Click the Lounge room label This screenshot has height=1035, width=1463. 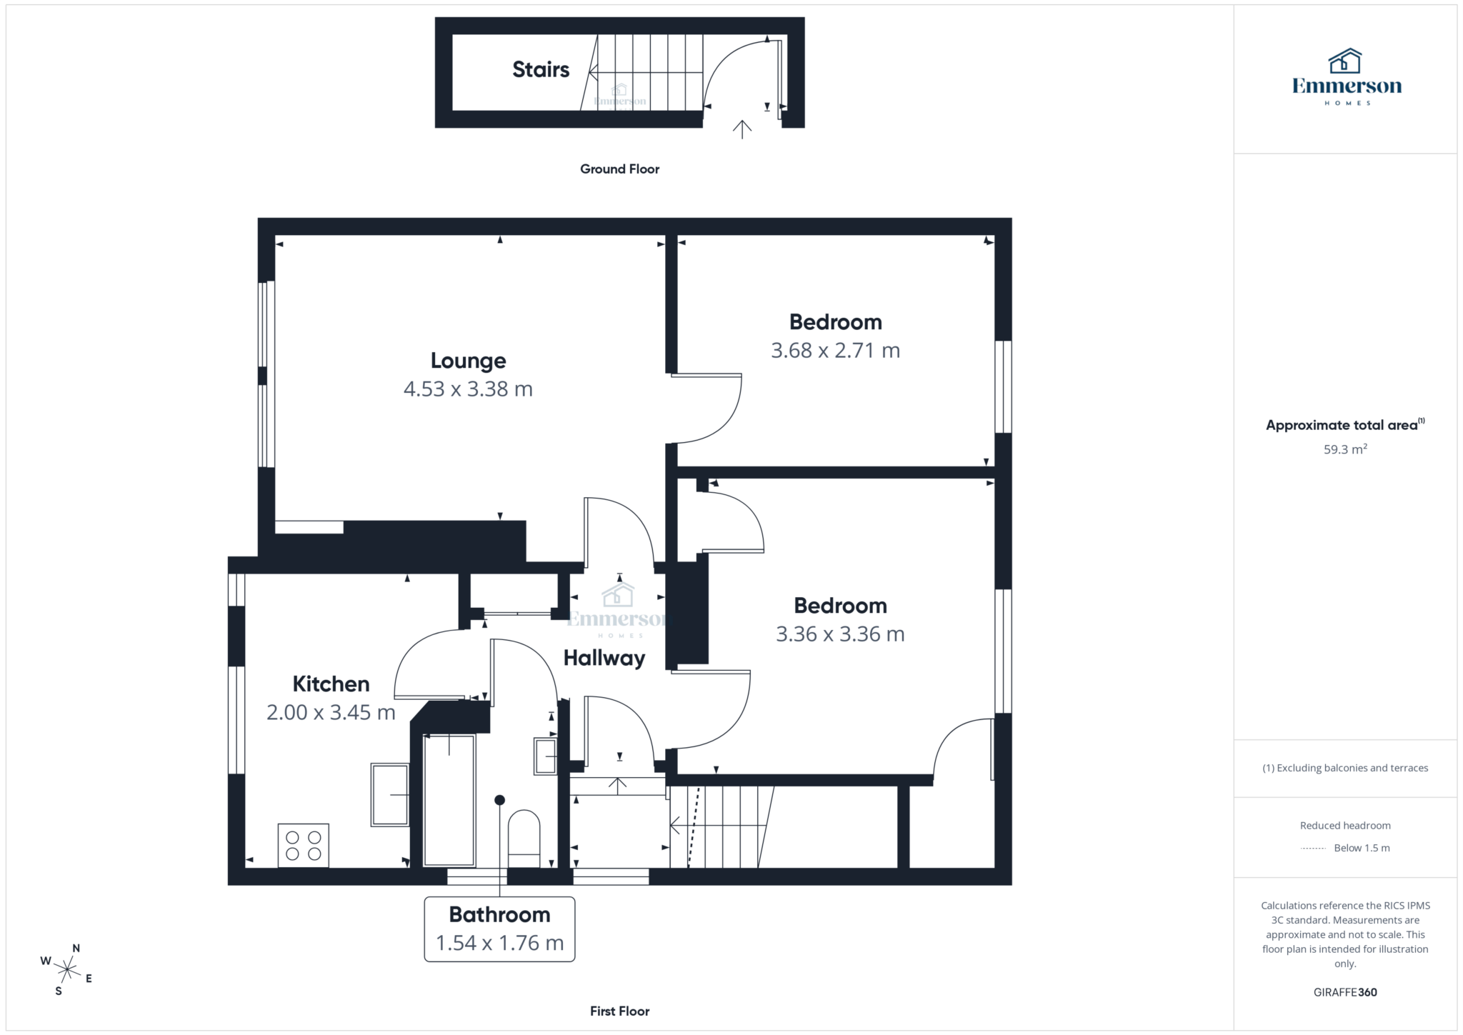point(468,361)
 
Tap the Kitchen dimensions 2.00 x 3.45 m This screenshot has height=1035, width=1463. point(331,712)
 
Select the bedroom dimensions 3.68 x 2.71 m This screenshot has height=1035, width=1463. point(835,350)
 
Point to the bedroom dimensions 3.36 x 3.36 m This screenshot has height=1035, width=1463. point(840,634)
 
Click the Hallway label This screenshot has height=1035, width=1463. point(604,658)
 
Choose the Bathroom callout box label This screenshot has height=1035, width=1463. point(499,914)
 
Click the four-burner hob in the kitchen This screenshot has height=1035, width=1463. point(304,846)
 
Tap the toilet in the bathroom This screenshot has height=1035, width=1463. point(524,838)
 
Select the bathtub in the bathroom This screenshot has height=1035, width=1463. point(449,799)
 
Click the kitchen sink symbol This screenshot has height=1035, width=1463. point(390,794)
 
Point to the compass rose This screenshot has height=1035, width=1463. point(66,969)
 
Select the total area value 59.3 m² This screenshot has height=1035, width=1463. point(1345,449)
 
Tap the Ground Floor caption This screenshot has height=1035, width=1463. point(619,169)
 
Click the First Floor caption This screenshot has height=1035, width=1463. point(619,1011)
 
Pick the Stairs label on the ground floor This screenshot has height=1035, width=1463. point(541,69)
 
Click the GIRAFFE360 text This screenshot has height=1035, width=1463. point(1345,992)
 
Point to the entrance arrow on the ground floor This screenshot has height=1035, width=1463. point(742,129)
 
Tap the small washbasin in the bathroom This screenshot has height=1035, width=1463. point(546,756)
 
